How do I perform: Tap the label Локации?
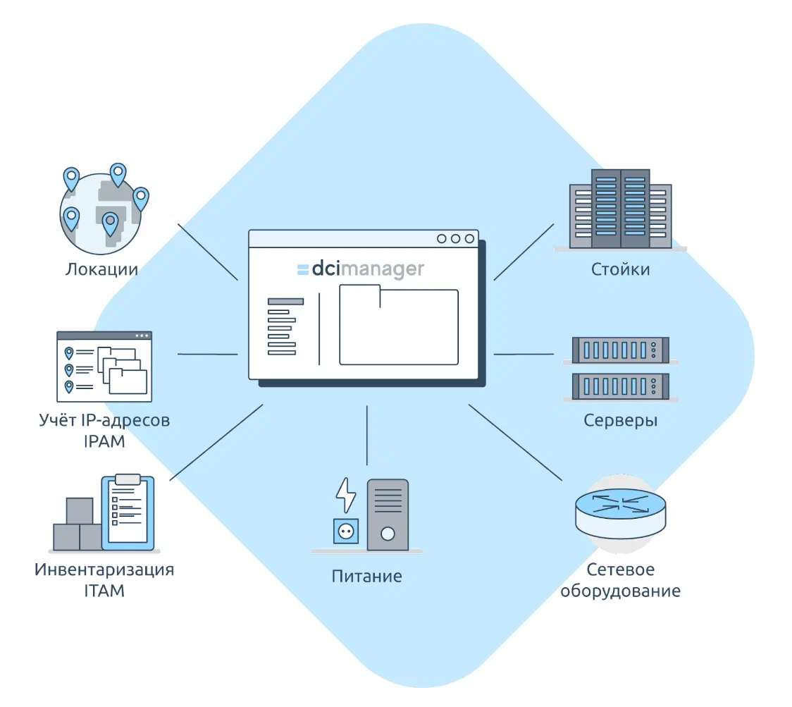coord(101,269)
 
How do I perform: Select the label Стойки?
coord(620,269)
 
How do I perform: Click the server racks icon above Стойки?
coord(620,209)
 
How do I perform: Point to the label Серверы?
coord(620,421)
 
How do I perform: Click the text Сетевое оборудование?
coord(620,580)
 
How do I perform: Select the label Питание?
coord(366,576)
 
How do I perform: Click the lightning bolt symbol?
coord(346,496)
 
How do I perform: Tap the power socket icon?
coord(345,532)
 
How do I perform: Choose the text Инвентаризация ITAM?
coord(104,580)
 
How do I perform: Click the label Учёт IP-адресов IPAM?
coord(104,431)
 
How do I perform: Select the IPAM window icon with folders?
coord(104,366)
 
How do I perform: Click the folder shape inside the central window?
coord(398,325)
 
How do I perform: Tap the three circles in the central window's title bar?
coord(455,239)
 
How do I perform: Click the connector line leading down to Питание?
coord(367,435)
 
